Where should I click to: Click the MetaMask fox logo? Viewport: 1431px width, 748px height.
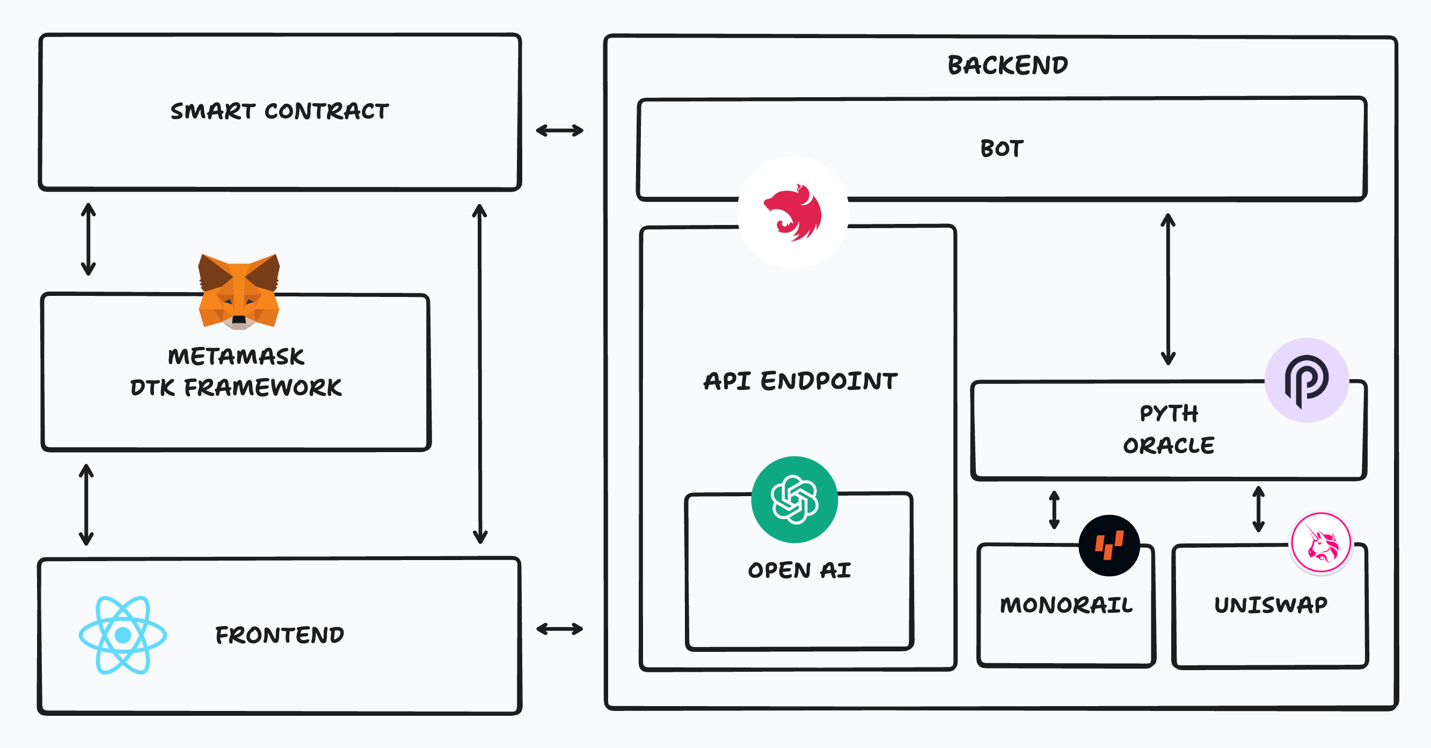coord(239,292)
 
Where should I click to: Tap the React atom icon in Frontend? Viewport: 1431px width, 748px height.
coord(123,635)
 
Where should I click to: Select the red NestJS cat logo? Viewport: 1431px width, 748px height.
coord(793,213)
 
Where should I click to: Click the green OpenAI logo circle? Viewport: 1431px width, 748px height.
coord(794,499)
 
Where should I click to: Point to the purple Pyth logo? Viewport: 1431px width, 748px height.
coord(1306,381)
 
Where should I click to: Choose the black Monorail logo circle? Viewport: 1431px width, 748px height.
coord(1109,545)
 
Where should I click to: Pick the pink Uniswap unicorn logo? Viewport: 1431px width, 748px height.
coord(1322,543)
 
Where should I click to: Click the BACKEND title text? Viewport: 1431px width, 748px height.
coord(1007,65)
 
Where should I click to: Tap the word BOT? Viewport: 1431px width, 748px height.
coord(1002,148)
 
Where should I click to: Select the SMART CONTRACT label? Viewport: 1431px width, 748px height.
coord(280,111)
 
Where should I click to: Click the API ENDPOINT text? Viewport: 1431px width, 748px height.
coord(800,381)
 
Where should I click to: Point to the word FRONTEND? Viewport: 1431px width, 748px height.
coord(280,635)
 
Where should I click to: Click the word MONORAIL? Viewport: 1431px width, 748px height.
coord(1066,605)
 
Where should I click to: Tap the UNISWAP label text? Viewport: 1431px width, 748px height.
coord(1271,605)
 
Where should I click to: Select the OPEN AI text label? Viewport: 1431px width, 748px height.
coord(799,570)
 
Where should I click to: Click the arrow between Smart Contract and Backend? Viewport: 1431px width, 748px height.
coord(559,130)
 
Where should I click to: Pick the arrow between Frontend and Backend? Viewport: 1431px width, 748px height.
coord(559,629)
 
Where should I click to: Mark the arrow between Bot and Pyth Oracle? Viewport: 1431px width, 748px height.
coord(1167,289)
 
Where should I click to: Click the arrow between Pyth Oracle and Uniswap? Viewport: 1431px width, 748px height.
coord(1259,509)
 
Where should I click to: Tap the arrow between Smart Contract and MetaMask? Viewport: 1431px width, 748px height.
coord(89,239)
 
